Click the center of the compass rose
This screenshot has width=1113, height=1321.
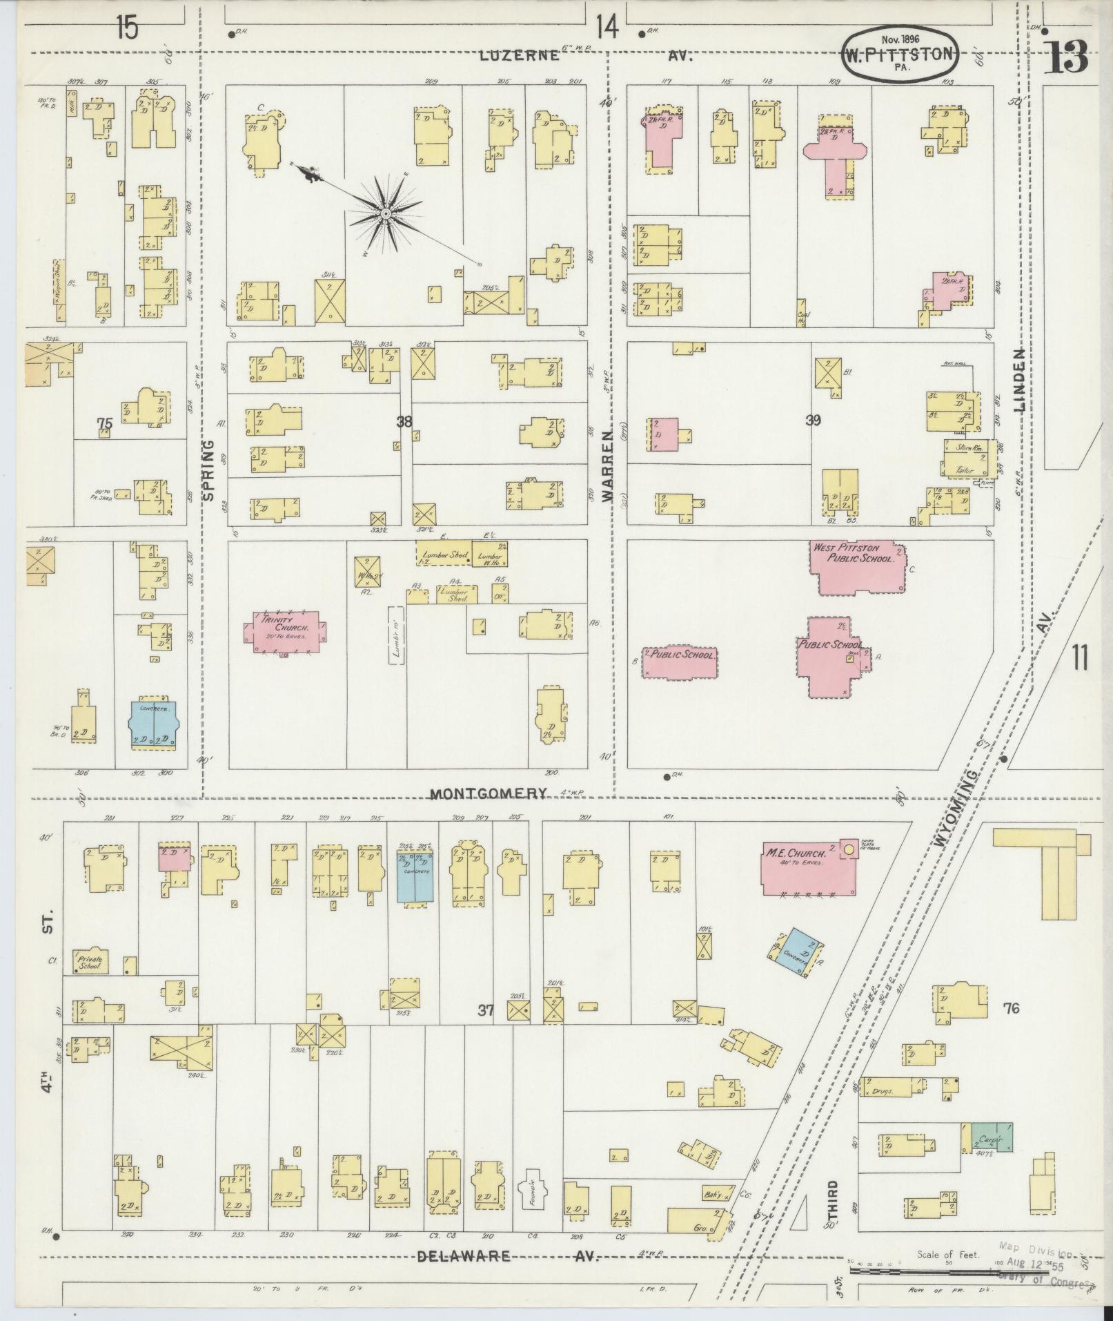click(385, 215)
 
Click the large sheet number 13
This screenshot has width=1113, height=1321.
click(1066, 57)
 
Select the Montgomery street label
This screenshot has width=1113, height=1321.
click(489, 793)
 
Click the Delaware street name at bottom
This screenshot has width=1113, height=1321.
click(464, 1255)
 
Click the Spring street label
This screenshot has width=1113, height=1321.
click(210, 469)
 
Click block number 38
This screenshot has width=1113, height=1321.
click(404, 421)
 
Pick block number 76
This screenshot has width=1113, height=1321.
click(1010, 1009)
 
